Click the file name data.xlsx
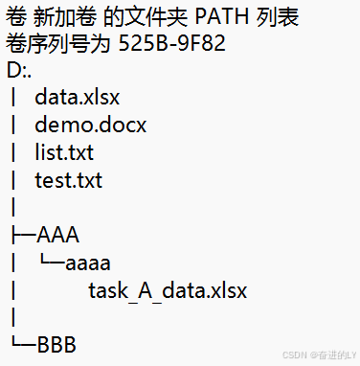coord(78,98)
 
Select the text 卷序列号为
coord(58,43)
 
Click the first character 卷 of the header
coord(15,16)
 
